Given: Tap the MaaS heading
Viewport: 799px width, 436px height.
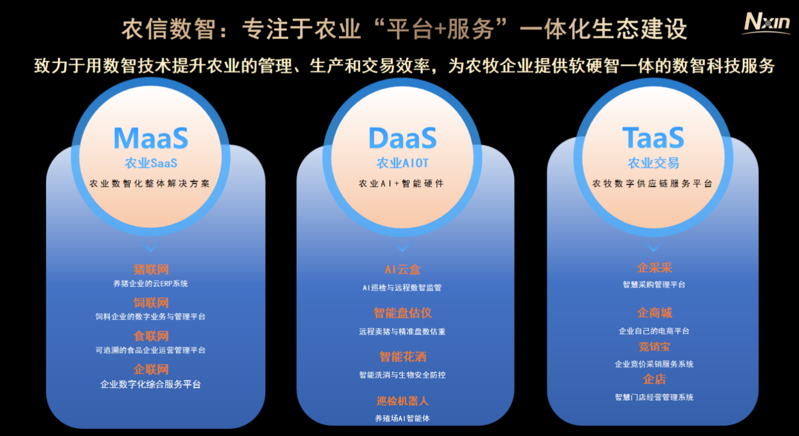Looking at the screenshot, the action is pos(151,139).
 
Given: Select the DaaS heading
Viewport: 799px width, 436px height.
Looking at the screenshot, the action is pos(402,139).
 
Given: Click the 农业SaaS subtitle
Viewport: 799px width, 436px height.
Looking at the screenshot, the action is pos(151,163).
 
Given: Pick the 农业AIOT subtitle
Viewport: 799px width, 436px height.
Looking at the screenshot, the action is pos(402,163).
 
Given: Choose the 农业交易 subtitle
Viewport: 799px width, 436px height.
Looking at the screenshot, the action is pos(653,163).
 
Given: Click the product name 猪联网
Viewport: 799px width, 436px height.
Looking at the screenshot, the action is pos(151,269).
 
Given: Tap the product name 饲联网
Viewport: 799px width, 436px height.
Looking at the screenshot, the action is pos(151,303).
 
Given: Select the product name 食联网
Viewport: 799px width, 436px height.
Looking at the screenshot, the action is pos(151,336).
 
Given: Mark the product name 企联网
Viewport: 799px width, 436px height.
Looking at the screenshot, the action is pos(151,369).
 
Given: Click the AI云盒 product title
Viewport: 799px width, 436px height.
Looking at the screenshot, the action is pos(402,270).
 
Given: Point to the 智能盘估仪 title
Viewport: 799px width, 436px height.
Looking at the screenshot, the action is pos(402,313).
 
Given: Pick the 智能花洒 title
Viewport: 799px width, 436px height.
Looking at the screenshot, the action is pos(402,357).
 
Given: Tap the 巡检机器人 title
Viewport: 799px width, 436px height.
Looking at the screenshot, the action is pos(402,400).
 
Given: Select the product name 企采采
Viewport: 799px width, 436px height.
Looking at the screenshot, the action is pos(654,268).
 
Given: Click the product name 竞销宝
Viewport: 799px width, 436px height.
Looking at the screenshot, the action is pos(654,347).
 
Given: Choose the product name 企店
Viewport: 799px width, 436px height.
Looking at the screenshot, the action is pos(654,380).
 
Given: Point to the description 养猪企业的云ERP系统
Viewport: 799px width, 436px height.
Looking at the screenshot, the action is pos(151,284).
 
